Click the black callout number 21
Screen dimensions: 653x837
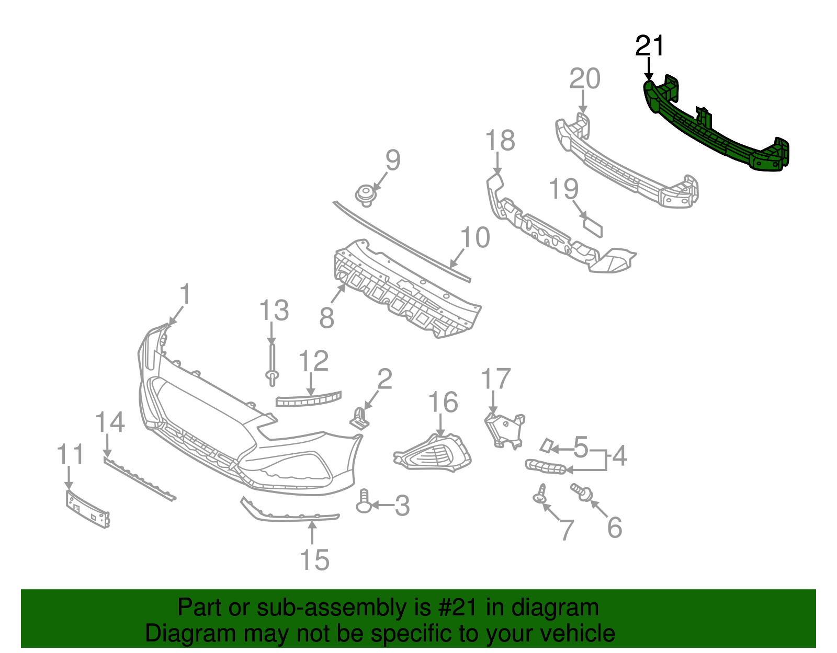(649, 46)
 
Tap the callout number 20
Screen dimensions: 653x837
(584, 79)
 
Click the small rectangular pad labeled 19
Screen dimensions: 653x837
(593, 227)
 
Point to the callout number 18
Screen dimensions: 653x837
(500, 141)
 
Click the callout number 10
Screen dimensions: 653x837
(475, 238)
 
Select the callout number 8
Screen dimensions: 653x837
(327, 317)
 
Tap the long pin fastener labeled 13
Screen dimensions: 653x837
(272, 363)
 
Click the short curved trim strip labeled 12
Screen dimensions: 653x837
(308, 400)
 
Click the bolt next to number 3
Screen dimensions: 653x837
(364, 502)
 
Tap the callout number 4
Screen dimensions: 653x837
(619, 456)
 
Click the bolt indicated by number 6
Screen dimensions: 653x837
(581, 491)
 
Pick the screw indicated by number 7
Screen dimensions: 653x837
(540, 494)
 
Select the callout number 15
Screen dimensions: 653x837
(314, 560)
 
